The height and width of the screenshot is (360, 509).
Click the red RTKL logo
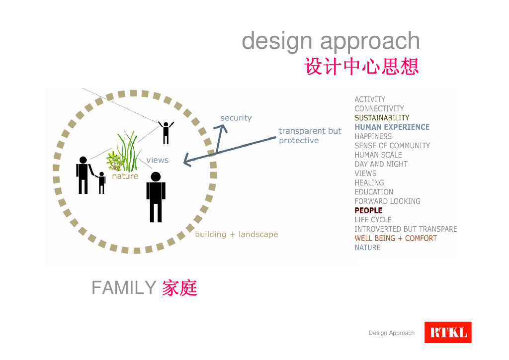(x=447, y=332)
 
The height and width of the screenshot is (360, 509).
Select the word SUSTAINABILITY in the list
(x=382, y=118)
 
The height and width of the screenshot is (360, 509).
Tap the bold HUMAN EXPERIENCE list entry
(x=392, y=127)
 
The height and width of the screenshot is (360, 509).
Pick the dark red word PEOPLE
(x=368, y=211)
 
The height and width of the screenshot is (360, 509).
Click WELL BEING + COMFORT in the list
(x=396, y=238)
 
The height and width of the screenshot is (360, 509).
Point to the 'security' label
(x=236, y=118)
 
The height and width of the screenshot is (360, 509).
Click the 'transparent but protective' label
(x=310, y=136)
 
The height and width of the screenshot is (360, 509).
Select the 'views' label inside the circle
(x=157, y=160)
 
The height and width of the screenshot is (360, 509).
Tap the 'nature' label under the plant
(x=125, y=176)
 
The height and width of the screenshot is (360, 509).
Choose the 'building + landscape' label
(x=236, y=234)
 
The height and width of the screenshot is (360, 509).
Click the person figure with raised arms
(x=166, y=132)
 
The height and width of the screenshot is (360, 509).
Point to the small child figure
(x=102, y=182)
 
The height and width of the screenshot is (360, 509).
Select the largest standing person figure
(x=156, y=197)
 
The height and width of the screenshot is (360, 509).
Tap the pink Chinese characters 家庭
(x=179, y=288)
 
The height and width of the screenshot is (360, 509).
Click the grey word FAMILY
(x=124, y=288)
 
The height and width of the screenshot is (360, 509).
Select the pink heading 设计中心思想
(x=361, y=66)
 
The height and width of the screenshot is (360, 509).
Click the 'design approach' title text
(x=331, y=41)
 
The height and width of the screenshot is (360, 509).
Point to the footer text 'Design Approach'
(x=391, y=333)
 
